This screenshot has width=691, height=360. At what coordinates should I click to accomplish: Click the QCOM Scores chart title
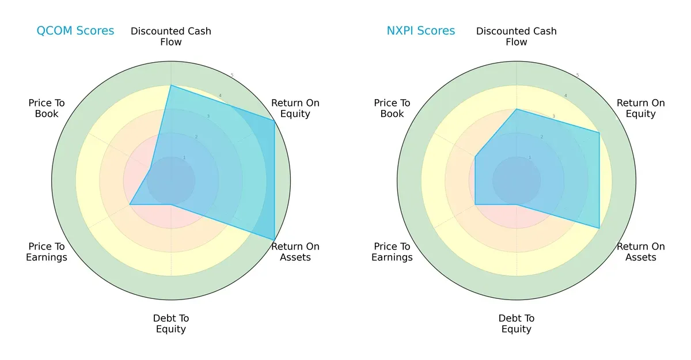tap(75, 31)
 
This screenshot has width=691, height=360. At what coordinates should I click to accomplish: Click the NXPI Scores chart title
tap(420, 31)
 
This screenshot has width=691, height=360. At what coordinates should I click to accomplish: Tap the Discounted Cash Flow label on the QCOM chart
tap(171, 36)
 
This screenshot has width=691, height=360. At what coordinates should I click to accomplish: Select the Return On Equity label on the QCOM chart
tap(295, 108)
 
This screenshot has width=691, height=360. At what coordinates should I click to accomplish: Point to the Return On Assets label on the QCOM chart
tap(295, 252)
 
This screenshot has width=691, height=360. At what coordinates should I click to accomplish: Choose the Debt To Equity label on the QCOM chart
tap(171, 324)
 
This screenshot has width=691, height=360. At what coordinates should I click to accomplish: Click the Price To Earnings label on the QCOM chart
tap(47, 252)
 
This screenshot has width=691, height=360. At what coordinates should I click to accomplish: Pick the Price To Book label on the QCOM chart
tap(47, 108)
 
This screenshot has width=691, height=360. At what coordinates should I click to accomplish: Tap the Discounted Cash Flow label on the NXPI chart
tap(517, 36)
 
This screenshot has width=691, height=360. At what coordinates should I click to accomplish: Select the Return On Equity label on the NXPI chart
tap(640, 108)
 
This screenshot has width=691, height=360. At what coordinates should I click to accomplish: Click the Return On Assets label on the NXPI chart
tap(640, 252)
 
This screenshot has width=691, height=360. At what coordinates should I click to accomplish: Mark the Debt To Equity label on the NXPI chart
tap(517, 324)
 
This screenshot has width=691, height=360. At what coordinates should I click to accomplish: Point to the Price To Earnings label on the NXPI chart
tap(392, 252)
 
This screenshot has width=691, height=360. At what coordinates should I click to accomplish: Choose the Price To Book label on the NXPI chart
tap(392, 108)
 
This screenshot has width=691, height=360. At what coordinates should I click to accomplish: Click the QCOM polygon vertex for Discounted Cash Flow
tap(171, 85)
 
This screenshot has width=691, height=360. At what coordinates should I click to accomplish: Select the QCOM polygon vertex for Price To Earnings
tap(130, 204)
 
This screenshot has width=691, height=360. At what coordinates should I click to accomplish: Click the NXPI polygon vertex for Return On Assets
tap(599, 228)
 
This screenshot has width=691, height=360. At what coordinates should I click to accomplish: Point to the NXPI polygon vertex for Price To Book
tap(475, 157)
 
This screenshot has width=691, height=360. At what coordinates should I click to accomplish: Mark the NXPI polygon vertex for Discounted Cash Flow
tap(517, 109)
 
